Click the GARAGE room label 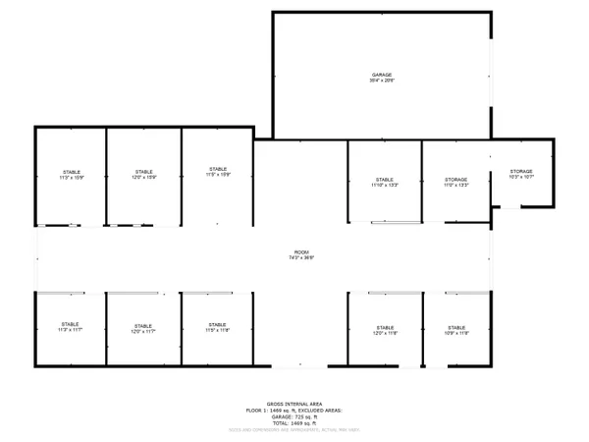click(x=382, y=75)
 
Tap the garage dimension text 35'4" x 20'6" click(x=382, y=81)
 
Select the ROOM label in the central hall click(x=301, y=251)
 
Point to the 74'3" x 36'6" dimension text click(x=301, y=257)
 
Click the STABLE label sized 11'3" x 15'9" click(x=71, y=172)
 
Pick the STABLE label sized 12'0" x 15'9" click(x=144, y=172)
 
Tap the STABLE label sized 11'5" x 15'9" click(x=218, y=169)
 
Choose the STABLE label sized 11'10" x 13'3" click(x=384, y=180)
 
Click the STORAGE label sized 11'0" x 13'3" click(x=455, y=180)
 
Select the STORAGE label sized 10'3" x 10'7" click(x=520, y=172)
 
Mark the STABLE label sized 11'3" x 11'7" click(x=70, y=324)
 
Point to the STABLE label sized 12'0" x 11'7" click(x=144, y=325)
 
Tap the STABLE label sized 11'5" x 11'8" click(x=218, y=324)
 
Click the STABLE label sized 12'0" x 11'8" click(x=385, y=327)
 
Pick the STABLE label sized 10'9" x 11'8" click(x=456, y=327)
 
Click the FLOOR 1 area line click(x=294, y=410)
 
